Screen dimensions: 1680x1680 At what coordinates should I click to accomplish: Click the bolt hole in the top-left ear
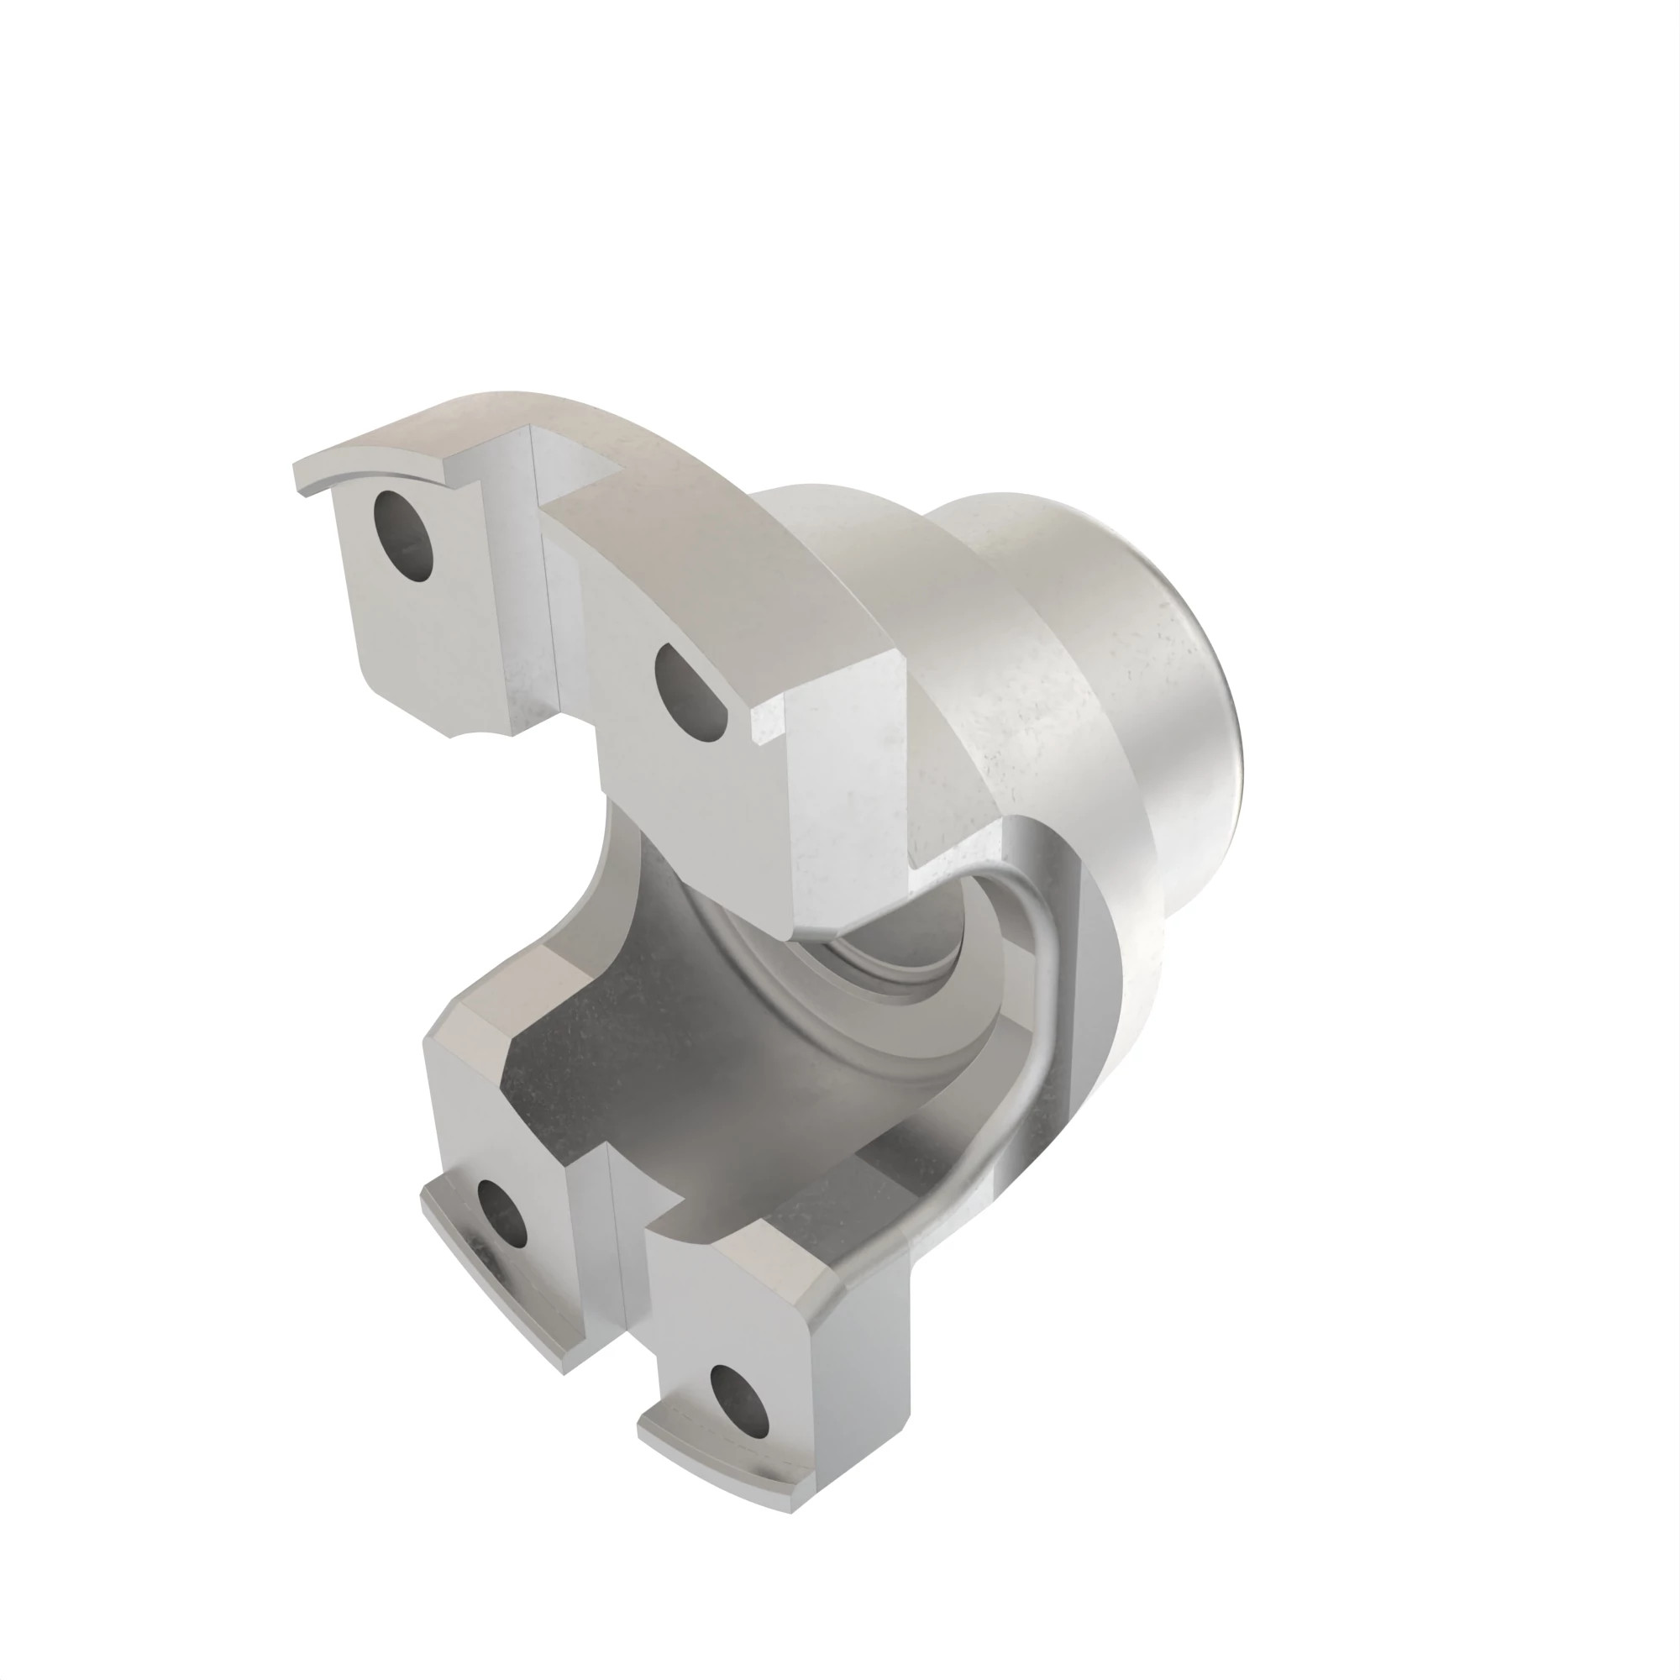[x=402, y=537]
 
